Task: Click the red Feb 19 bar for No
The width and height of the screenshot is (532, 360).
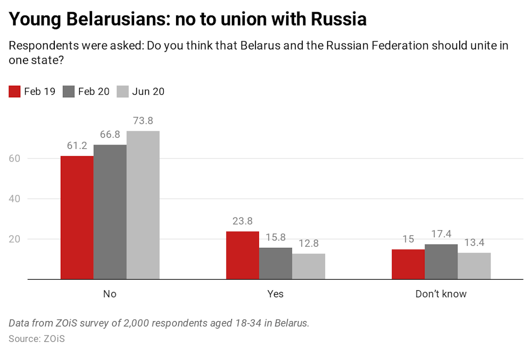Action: pos(77,217)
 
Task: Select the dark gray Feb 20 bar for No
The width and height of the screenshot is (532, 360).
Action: pos(110,212)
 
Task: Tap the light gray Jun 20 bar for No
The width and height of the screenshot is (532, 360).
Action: pos(143,205)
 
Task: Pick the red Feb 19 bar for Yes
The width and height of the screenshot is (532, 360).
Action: pos(243,255)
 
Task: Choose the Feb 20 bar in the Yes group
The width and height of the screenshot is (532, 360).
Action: pos(276,263)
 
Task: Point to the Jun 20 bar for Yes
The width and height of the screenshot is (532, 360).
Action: pos(309,266)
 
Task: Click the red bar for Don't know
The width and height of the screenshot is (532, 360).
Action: pos(408,264)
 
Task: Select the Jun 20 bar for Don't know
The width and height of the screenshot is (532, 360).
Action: pos(474,266)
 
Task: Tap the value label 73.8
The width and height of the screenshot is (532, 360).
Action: pos(143,121)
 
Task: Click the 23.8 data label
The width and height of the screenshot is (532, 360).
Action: pos(243,221)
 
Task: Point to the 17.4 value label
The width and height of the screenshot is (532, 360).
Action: pos(441,234)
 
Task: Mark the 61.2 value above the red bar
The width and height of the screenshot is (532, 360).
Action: pos(77,146)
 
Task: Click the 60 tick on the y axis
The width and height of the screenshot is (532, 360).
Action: pos(15,158)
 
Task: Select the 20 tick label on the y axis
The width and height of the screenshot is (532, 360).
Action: pos(15,239)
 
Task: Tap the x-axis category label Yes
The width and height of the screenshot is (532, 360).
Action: pos(276,294)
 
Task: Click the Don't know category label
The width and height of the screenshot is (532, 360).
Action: pos(441,294)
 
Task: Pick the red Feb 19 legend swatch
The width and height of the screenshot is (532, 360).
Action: pos(15,91)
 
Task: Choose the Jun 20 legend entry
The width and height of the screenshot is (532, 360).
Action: pos(141,91)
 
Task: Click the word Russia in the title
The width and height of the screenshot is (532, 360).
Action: pos(338,20)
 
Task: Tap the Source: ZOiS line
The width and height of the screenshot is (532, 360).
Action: pos(37,338)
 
